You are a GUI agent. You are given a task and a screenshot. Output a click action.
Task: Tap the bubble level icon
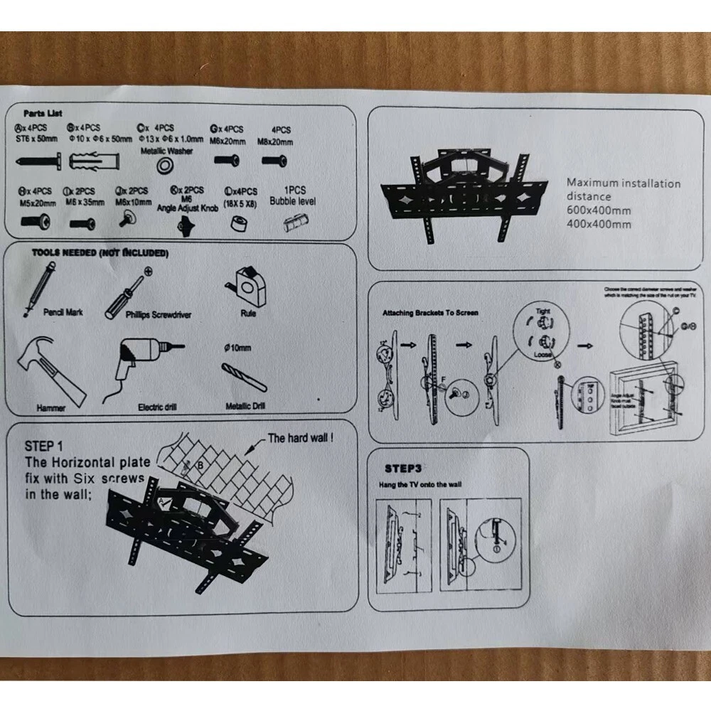click(292, 223)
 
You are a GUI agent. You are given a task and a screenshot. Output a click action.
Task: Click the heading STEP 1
click(43, 447)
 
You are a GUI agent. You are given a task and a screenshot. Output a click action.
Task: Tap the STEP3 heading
click(403, 469)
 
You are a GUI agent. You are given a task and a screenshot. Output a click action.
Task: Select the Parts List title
click(43, 113)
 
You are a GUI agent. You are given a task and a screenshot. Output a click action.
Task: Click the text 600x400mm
click(599, 210)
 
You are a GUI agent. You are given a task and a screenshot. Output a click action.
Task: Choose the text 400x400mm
click(599, 225)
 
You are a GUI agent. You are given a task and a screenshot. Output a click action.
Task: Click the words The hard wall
click(300, 438)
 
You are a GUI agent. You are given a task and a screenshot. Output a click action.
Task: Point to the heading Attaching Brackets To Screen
click(430, 313)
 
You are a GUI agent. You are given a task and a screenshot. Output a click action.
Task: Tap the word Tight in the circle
click(543, 311)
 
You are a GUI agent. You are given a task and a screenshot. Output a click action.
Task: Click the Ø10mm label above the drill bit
click(237, 348)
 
